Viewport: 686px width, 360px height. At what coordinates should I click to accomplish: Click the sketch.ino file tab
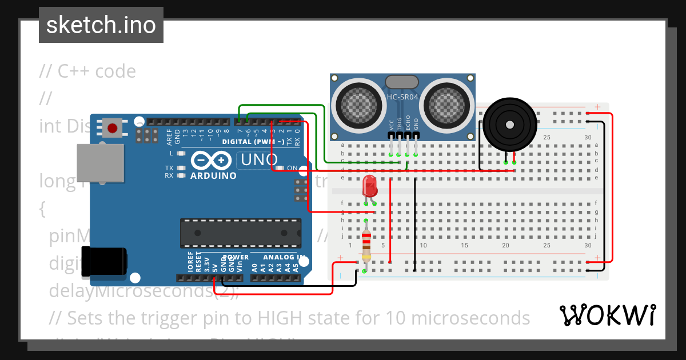point(101,25)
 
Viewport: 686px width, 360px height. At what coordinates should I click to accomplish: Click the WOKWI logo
point(607,315)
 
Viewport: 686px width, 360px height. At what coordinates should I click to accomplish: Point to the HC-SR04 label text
point(402,97)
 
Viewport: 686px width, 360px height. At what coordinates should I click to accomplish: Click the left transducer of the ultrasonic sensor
point(360,104)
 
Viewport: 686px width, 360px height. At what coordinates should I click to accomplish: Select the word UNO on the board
point(258,159)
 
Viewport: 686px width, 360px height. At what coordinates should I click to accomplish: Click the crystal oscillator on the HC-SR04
point(402,82)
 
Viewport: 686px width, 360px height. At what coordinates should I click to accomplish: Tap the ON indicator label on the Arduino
point(292,168)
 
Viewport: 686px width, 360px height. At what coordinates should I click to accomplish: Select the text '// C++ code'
point(87,71)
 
